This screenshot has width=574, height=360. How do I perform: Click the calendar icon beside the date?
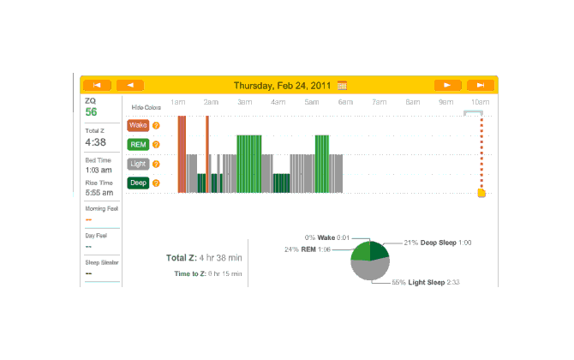tap(343, 85)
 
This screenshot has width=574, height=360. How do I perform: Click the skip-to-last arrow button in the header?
tap(481, 85)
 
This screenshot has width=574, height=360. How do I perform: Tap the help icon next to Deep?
tap(157, 182)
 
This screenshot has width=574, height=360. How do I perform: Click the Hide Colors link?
tap(146, 107)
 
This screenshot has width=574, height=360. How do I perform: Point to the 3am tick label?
tap(245, 102)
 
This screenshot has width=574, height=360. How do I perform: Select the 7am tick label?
tap(380, 102)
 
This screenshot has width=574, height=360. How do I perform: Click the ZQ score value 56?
tap(91, 112)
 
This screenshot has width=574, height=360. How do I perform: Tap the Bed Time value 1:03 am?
tap(98, 170)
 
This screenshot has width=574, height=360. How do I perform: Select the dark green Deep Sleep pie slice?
tap(380, 251)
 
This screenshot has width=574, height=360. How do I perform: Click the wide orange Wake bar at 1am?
tap(182, 154)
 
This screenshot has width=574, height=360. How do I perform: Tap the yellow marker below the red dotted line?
tap(481, 193)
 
